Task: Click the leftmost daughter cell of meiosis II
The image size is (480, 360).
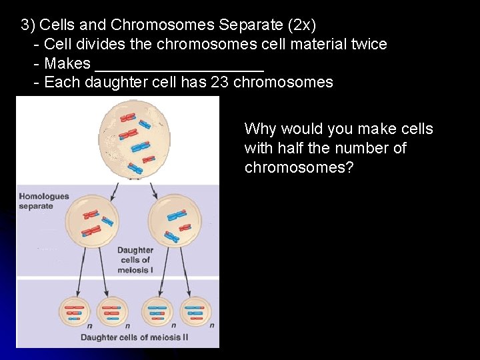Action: click(75, 311)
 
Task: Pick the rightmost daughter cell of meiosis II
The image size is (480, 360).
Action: click(196, 311)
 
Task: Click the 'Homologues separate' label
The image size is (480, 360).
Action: click(44, 201)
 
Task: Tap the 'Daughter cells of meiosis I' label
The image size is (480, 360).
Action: click(135, 260)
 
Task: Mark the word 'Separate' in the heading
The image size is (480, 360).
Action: click(243, 25)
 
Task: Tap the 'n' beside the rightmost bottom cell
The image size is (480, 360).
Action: click(212, 326)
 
